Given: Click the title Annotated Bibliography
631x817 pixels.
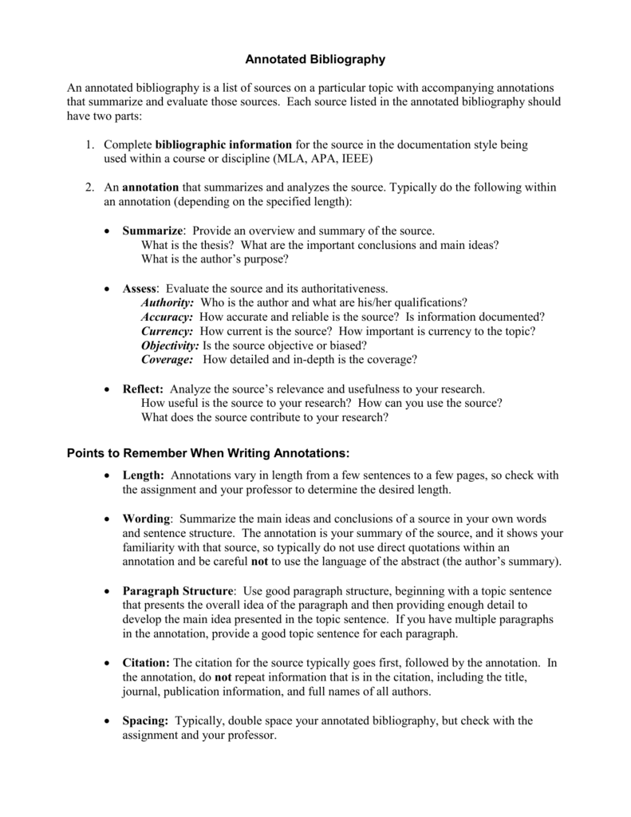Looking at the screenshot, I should (314, 59).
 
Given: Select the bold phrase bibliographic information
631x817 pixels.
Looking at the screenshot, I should (223, 145).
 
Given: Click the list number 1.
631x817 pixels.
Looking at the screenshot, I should (90, 145).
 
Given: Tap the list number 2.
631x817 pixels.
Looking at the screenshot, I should (90, 187).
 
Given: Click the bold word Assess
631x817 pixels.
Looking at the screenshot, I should (140, 288).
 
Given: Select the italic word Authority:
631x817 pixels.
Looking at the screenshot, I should (168, 302).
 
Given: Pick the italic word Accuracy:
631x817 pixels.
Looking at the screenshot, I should (167, 317).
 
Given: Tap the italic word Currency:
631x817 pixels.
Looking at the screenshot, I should (168, 331).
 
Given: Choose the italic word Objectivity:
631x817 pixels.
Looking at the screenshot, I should (170, 345).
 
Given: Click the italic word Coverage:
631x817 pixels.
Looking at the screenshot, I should (168, 360).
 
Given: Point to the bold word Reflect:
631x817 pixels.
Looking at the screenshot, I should (143, 389).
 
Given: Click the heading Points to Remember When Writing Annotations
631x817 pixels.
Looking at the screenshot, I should (207, 453).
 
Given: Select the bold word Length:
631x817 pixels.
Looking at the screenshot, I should (144, 476).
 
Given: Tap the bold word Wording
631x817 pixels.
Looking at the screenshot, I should (146, 519).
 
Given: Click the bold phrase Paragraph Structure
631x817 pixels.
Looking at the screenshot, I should (178, 591).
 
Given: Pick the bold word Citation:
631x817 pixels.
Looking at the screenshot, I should (146, 663).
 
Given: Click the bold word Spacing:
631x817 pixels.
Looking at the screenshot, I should (145, 720).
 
